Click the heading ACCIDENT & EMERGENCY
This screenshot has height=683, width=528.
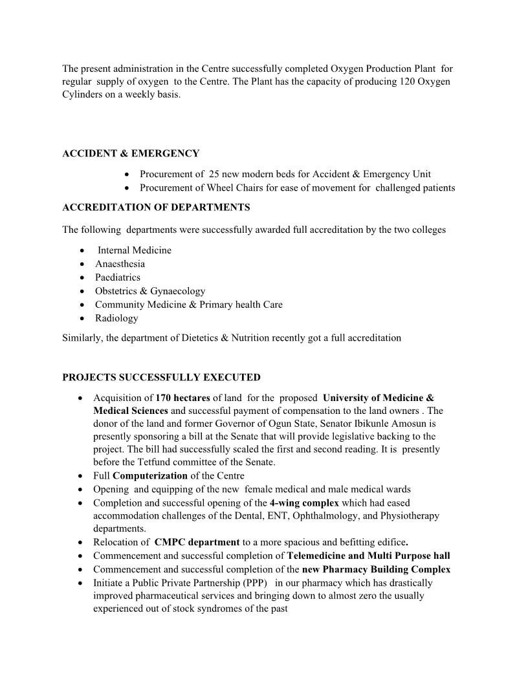pos(131,154)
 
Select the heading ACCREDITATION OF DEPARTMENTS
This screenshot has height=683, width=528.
pos(156,208)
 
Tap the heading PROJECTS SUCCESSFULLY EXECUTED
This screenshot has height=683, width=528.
pos(161,378)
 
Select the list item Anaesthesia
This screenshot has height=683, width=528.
pos(120,264)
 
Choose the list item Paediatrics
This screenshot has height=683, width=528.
pos(117,277)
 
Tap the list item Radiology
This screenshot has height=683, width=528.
pos(116,318)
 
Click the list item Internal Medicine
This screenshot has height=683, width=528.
pos(135,250)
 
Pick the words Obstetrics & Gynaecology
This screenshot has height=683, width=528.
pos(150,291)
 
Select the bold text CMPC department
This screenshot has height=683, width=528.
pos(197,542)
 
